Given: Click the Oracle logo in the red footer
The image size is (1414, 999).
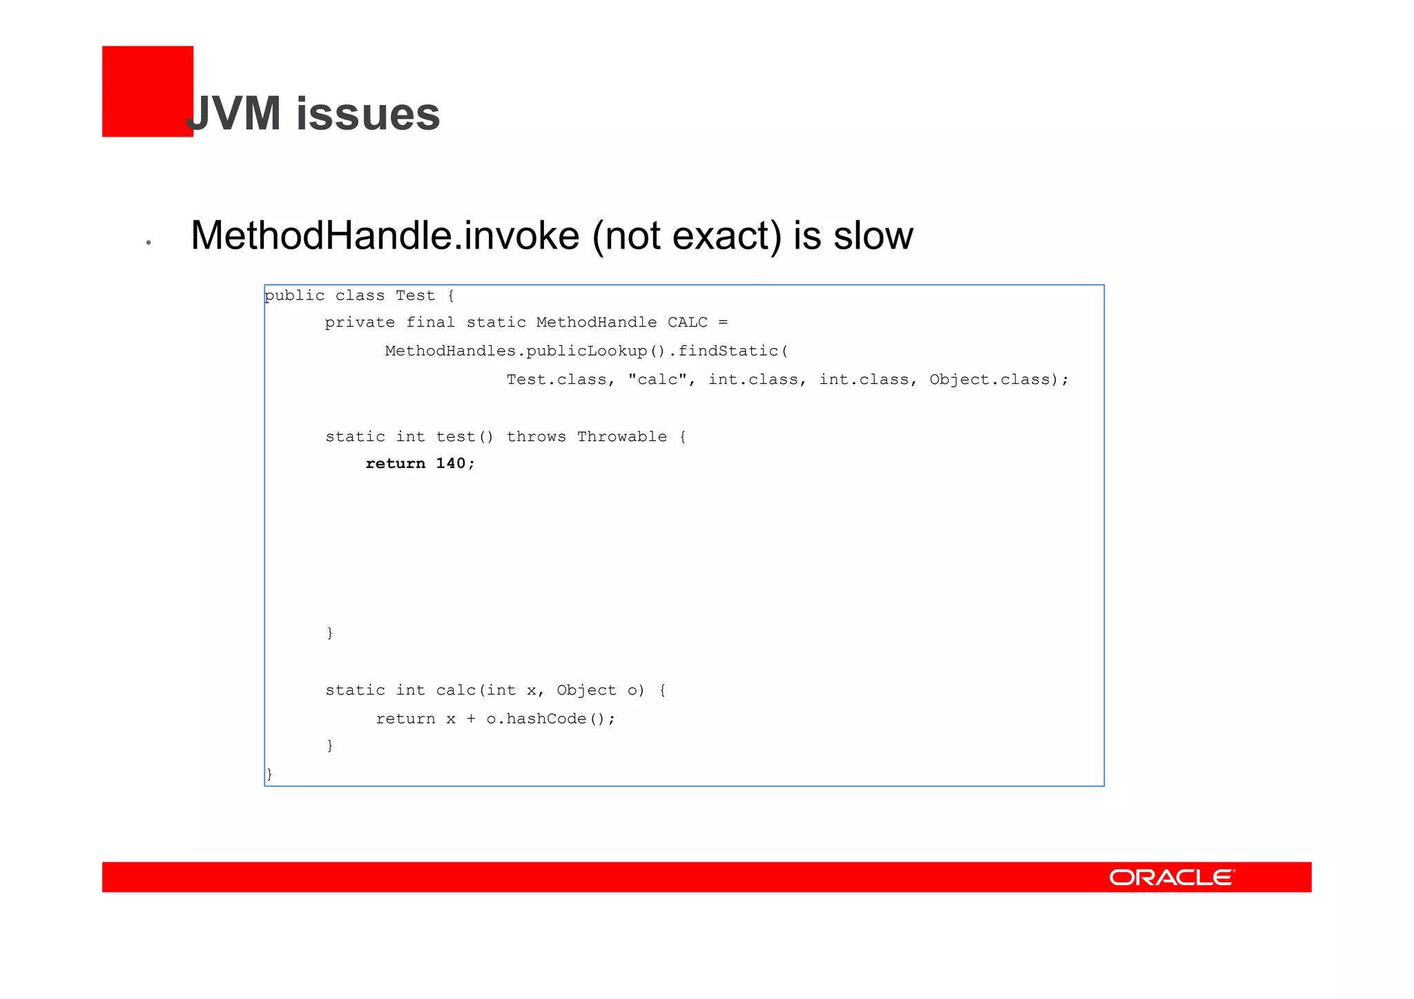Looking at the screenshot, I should pyautogui.click(x=1172, y=877).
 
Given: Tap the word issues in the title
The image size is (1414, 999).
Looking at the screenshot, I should pyautogui.click(x=368, y=114).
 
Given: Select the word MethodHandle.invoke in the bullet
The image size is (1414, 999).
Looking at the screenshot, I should pyautogui.click(x=385, y=235).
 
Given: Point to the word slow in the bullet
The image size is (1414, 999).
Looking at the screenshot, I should pyautogui.click(x=873, y=235).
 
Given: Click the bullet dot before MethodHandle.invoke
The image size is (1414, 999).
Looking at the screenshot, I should pyautogui.click(x=148, y=242).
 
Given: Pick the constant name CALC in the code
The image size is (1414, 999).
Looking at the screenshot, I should pyautogui.click(x=688, y=322).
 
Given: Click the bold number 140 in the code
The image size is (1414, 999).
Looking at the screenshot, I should pyautogui.click(x=451, y=463).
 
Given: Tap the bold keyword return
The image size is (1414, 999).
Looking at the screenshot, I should pyautogui.click(x=395, y=463).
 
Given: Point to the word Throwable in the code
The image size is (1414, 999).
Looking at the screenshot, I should pyautogui.click(x=622, y=436).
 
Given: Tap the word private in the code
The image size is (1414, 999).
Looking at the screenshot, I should pyautogui.click(x=360, y=322).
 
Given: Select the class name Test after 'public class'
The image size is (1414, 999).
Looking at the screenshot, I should pyautogui.click(x=415, y=295).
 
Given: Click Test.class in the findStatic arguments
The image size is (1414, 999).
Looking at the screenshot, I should pyautogui.click(x=556, y=380).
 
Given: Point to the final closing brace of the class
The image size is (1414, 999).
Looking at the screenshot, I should pyautogui.click(x=269, y=774).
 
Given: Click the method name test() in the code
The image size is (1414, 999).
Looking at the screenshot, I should pyautogui.click(x=465, y=436).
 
